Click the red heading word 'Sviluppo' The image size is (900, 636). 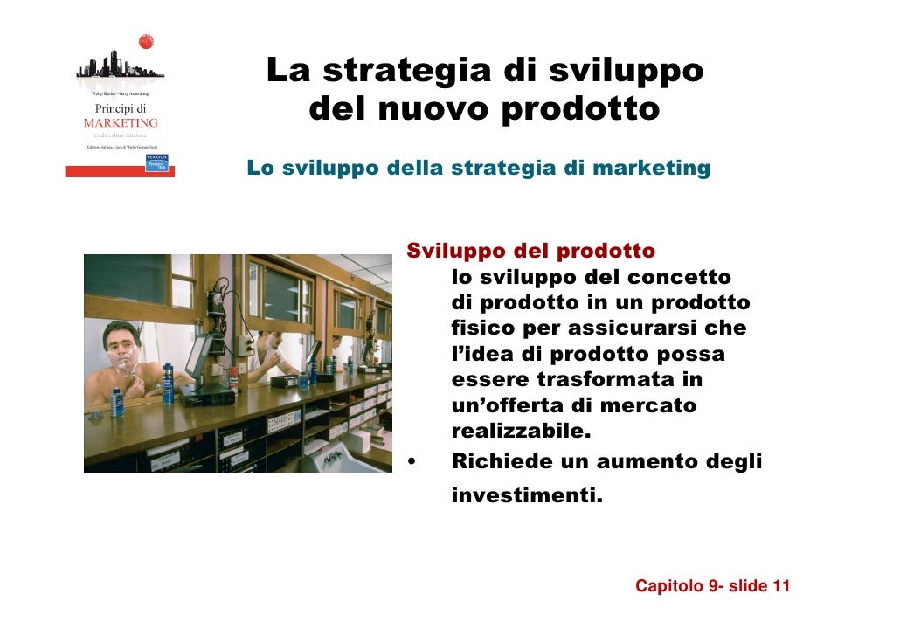[457, 252]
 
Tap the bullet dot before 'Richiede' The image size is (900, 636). [412, 461]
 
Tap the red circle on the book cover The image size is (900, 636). [146, 41]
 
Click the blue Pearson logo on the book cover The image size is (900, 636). [157, 163]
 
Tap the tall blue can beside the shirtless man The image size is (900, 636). [168, 382]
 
